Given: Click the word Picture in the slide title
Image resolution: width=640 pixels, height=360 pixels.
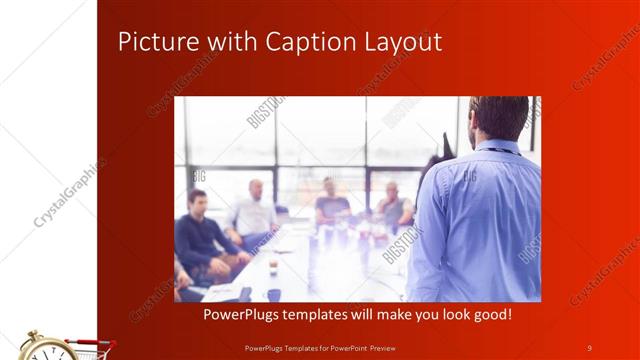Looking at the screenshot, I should pyautogui.click(x=151, y=41).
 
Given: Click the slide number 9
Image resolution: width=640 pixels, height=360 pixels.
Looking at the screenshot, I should pyautogui.click(x=589, y=347).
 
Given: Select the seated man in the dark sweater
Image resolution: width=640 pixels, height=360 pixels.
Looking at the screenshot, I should pyautogui.click(x=200, y=235).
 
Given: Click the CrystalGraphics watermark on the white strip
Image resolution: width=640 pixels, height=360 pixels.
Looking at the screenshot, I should pyautogui.click(x=68, y=191).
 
